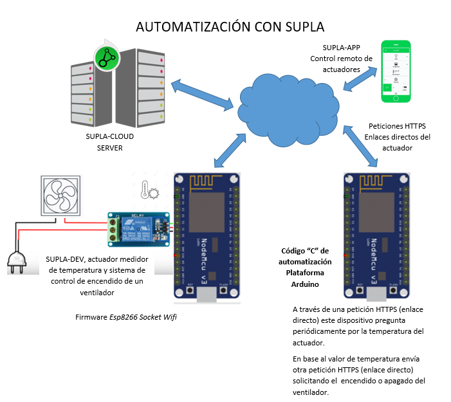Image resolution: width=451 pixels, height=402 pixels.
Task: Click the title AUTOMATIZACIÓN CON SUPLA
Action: click(230, 27)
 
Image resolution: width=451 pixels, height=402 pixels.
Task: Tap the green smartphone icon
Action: click(396, 71)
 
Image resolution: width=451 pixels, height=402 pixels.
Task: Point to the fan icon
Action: click(60, 196)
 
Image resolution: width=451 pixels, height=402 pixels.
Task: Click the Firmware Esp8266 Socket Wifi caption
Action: click(125, 317)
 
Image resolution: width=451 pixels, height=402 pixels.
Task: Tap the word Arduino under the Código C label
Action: click(304, 284)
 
